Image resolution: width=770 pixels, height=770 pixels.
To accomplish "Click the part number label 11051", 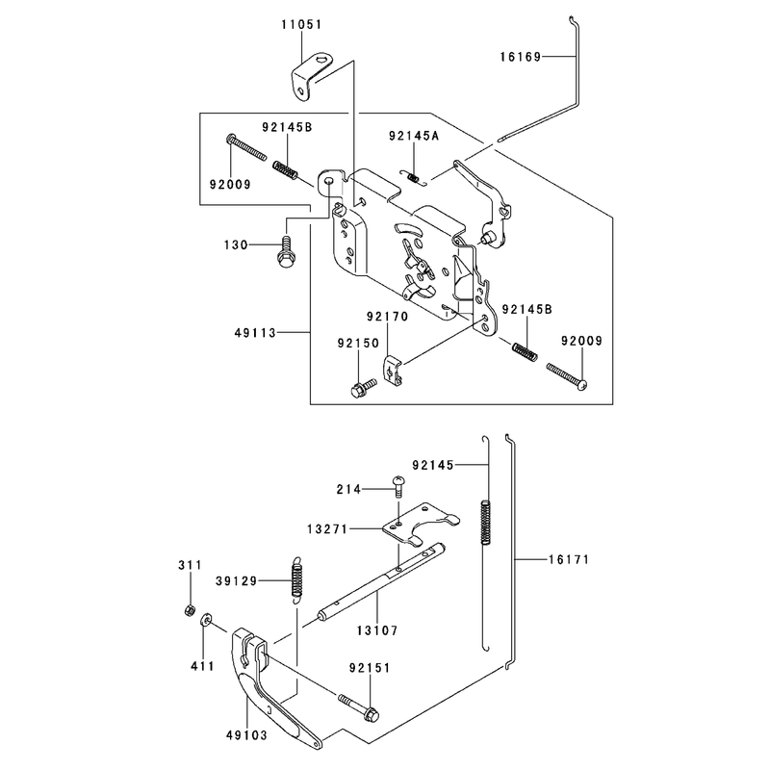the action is coord(301,25).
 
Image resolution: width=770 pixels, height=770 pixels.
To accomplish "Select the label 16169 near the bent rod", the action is coord(521,57).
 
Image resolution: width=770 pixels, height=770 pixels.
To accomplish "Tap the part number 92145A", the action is coord(414,136).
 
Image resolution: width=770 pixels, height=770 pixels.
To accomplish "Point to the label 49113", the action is coord(255,333).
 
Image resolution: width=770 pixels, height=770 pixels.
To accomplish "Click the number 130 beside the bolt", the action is coord(236,244).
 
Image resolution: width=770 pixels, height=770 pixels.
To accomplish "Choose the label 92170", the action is coord(388,317).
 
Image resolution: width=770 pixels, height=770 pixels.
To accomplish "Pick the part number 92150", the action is coord(358,344).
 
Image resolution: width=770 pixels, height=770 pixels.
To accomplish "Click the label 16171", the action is coord(569,559).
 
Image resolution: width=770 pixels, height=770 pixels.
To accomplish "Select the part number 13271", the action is coord(327,528).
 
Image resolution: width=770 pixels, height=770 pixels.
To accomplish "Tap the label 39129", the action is coord(236,581).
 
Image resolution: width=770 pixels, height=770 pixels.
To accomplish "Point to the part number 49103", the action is coord(247,735).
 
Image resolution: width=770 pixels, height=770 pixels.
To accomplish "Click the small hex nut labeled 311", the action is coord(189,610).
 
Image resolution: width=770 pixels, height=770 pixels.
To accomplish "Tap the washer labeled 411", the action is coord(205,620).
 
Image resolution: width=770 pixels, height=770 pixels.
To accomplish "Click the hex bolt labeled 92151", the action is coord(359,706).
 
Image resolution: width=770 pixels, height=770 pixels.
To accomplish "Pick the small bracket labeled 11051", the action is coord(310,77).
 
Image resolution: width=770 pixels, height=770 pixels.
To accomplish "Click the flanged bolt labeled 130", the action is coord(285,252).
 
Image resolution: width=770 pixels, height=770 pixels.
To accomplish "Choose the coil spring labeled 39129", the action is coord(296,579).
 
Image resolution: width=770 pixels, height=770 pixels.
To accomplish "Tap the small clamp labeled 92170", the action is coord(393,371).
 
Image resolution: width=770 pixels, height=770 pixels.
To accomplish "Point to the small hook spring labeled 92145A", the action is coord(415,177).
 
